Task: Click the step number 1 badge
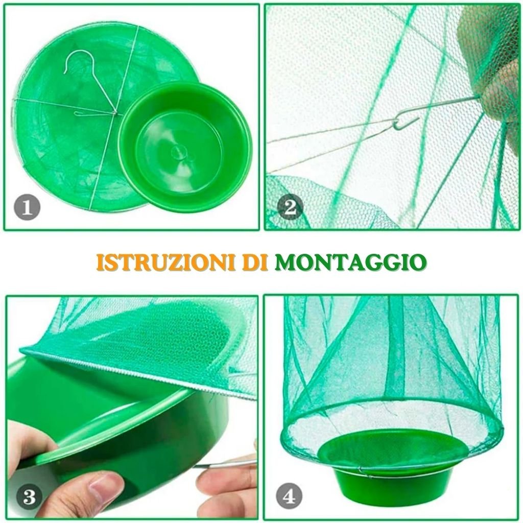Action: coord(27,207)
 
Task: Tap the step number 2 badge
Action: coord(290,207)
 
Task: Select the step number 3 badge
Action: coord(29,497)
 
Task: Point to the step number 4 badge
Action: coord(289,496)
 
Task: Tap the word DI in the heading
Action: coord(255,262)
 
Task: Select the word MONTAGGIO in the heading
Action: coord(350,262)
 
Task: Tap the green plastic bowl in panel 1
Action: coord(185,147)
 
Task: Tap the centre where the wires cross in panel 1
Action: coord(115,113)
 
